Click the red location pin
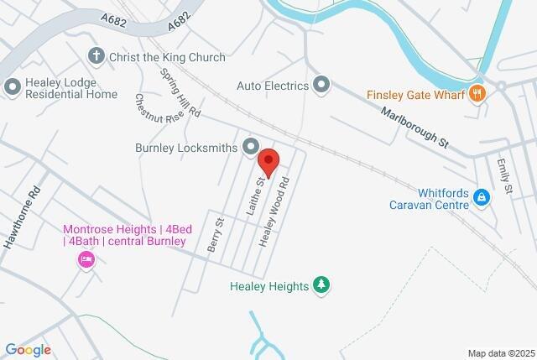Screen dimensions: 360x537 click(x=268, y=159)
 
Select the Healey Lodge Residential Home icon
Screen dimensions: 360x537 click(x=13, y=86)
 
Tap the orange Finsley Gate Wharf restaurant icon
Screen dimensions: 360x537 click(x=477, y=94)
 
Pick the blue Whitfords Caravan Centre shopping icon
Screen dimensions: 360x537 click(x=482, y=197)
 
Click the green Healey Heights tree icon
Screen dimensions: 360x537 click(x=321, y=285)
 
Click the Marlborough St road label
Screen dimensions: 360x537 click(x=415, y=128)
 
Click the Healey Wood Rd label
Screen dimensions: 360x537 click(x=276, y=211)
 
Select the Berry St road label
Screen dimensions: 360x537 click(x=215, y=234)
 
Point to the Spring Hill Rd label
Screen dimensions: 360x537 click(x=180, y=91)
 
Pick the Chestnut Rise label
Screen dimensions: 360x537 click(x=159, y=109)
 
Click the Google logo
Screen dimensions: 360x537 click(x=28, y=350)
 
